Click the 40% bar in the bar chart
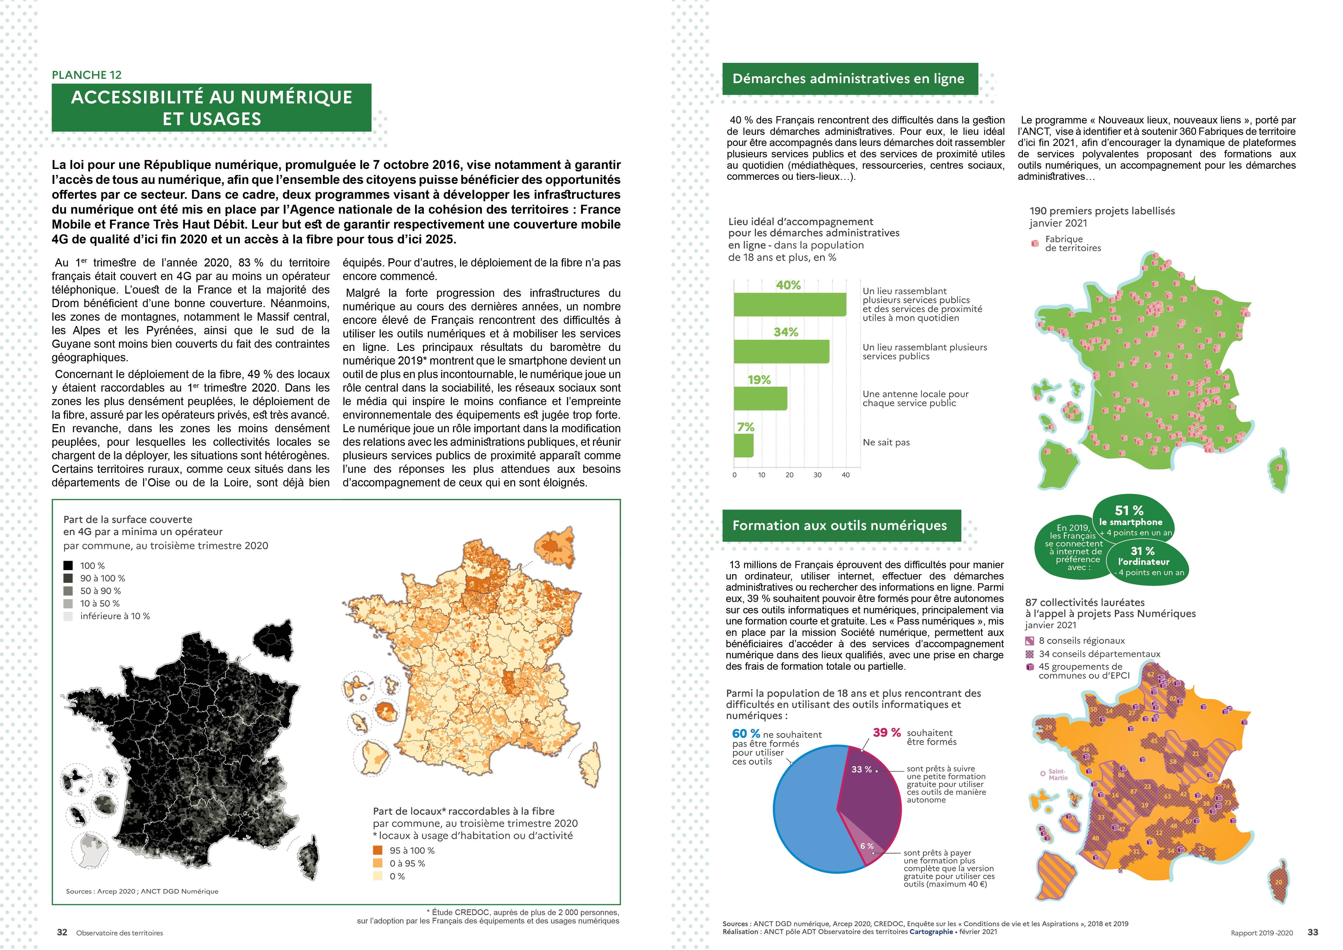click(790, 304)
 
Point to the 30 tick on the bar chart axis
click(817, 475)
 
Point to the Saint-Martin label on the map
click(1058, 775)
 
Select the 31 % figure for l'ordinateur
click(1142, 551)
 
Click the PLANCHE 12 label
click(87, 75)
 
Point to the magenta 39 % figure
click(886, 732)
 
